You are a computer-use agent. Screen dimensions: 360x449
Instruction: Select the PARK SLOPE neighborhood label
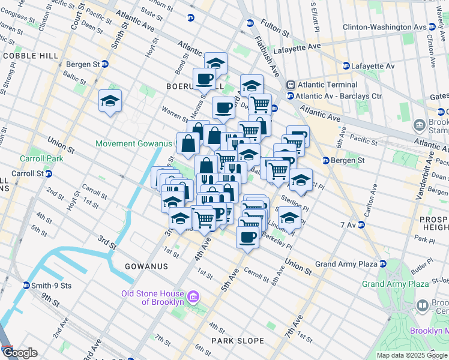tap(237, 341)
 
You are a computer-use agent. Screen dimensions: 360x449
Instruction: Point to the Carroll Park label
tap(25, 160)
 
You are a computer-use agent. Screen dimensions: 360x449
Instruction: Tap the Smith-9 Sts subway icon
tap(26, 286)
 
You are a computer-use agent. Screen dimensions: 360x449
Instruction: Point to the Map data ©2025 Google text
tap(412, 355)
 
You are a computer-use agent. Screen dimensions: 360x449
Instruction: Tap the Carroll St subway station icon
tap(49, 173)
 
